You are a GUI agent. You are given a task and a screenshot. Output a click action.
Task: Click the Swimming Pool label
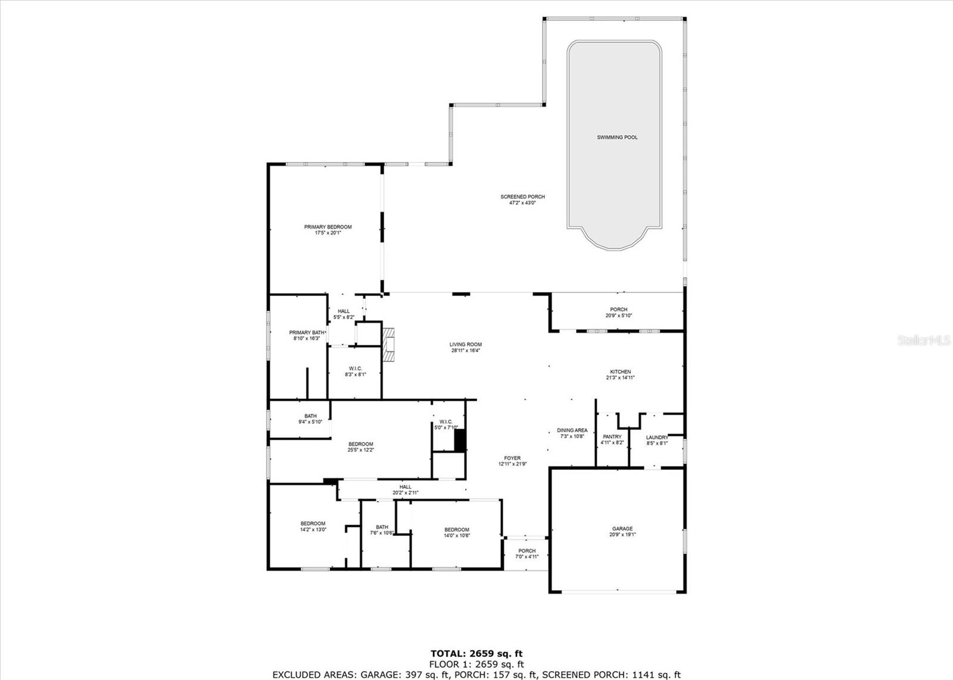pyautogui.click(x=617, y=138)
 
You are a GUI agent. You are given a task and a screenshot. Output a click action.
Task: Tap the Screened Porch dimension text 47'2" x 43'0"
pyautogui.click(x=522, y=203)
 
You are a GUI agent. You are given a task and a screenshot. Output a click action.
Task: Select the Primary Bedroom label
pyautogui.click(x=328, y=227)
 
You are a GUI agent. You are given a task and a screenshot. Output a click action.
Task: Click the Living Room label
pyautogui.click(x=465, y=344)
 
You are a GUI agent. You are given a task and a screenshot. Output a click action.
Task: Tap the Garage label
pyautogui.click(x=622, y=528)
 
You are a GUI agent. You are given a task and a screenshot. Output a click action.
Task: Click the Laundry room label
pyautogui.click(x=657, y=437)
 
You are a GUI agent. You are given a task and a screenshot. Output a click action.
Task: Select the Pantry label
pyautogui.click(x=612, y=436)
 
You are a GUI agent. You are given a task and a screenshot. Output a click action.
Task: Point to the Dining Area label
pyautogui.click(x=572, y=430)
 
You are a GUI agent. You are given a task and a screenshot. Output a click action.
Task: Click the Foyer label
pyautogui.click(x=512, y=458)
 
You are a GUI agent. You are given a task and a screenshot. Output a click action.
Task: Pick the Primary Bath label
pyautogui.click(x=307, y=332)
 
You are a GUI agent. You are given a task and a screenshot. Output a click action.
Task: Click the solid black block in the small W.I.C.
pyautogui.click(x=459, y=440)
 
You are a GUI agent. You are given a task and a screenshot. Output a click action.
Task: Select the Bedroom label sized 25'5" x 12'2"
pyautogui.click(x=360, y=444)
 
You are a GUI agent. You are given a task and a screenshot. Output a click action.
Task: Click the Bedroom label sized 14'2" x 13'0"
pyautogui.click(x=313, y=523)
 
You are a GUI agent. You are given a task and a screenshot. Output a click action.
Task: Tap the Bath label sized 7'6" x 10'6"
pyautogui.click(x=382, y=526)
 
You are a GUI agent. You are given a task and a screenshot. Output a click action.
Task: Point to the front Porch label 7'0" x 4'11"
pyautogui.click(x=527, y=550)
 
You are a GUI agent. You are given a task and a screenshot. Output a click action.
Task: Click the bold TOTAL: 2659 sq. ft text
pyautogui.click(x=476, y=653)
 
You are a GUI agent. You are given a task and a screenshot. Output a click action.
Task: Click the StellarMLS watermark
pyautogui.click(x=924, y=341)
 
